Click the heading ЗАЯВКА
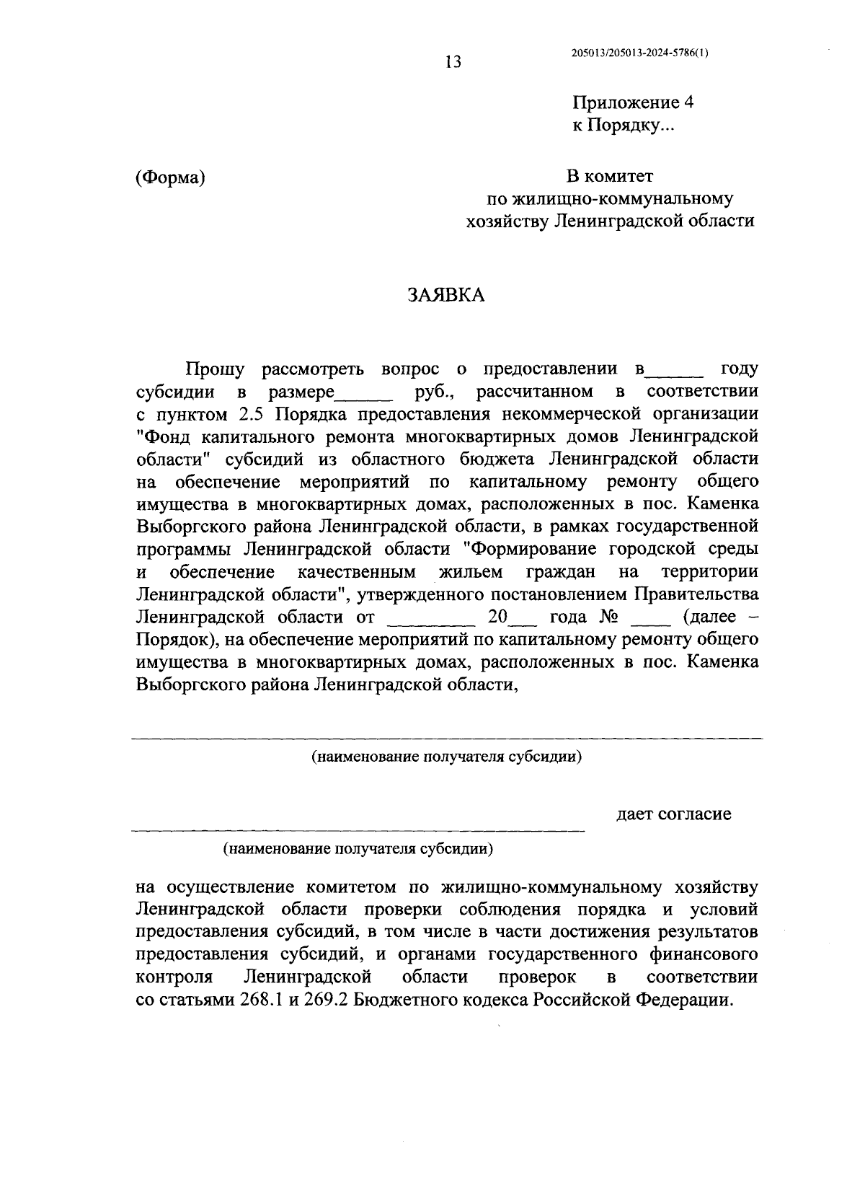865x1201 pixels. [x=445, y=295]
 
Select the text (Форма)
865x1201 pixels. [x=170, y=177]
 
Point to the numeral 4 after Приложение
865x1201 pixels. [x=688, y=102]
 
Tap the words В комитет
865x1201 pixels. [x=609, y=175]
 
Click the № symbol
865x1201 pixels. [x=610, y=617]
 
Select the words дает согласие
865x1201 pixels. [x=673, y=814]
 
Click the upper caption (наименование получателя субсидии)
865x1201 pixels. [x=447, y=757]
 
